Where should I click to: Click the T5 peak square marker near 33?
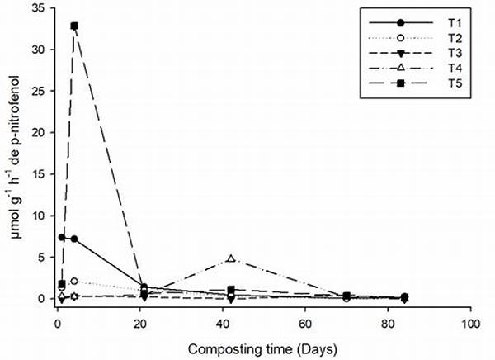pyautogui.click(x=74, y=26)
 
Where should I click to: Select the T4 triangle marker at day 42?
pyautogui.click(x=231, y=259)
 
